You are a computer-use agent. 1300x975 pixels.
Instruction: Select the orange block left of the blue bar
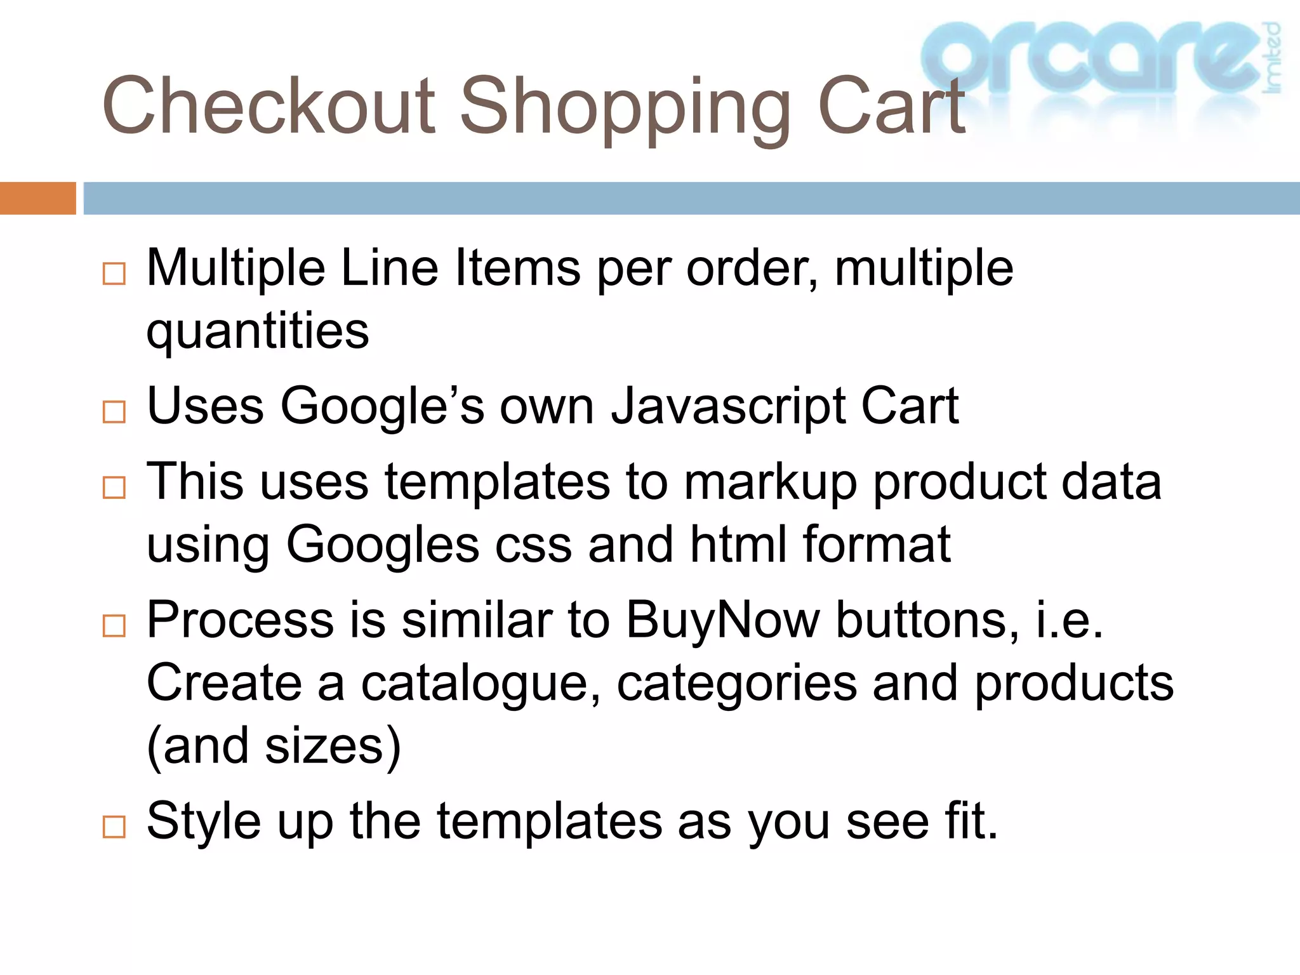coord(37,198)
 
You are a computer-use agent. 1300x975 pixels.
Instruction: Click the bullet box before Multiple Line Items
coord(114,274)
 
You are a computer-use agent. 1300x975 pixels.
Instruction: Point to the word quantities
coord(258,331)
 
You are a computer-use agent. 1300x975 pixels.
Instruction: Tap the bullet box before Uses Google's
coord(114,412)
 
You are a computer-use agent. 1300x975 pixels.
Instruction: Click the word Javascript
coord(727,406)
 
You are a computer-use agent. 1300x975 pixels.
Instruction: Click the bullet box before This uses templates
coord(114,487)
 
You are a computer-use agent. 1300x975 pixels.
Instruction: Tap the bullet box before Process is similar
coord(114,626)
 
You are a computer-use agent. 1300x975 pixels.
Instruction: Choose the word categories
coord(737,684)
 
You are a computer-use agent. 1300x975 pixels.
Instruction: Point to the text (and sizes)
coord(274,746)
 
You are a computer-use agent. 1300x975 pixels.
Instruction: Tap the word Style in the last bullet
coord(203,821)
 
